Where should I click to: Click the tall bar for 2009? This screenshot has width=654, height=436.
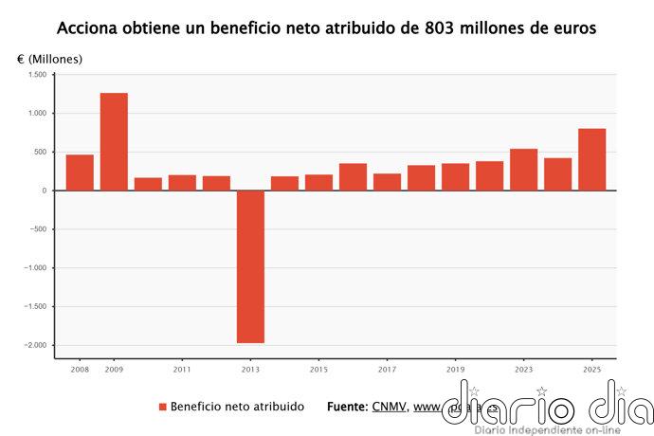coord(114,141)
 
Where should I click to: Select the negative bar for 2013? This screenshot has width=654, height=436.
coord(250,266)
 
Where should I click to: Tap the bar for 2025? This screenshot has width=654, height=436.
coord(591,159)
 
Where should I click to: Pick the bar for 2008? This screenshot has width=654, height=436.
coord(80,173)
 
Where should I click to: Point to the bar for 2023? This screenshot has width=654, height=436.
coord(523,170)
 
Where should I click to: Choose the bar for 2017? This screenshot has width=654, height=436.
coord(387,182)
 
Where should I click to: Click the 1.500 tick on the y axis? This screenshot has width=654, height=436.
coord(37,75)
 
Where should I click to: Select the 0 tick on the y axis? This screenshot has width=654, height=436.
coord(44,191)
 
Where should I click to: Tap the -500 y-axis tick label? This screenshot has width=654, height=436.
coord(37,229)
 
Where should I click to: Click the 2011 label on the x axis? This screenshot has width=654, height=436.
coord(182,369)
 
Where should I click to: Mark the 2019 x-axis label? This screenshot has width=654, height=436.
coord(455,369)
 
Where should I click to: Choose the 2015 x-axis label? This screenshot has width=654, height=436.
coord(318,369)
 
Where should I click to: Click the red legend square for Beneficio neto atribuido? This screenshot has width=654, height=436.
coord(162,407)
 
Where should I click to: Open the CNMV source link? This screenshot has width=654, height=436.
coord(390,407)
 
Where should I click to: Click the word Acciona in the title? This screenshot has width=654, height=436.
coord(87,28)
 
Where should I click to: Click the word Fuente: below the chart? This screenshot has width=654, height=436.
coord(347,407)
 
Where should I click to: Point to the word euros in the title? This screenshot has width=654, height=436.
coord(574,28)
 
